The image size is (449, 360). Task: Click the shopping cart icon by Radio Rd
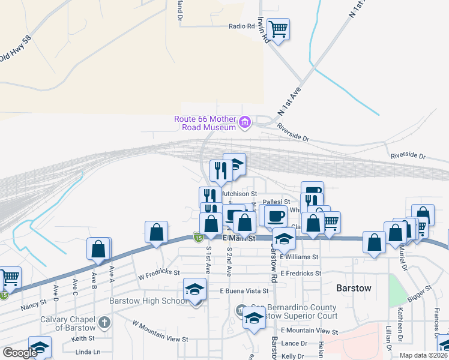[x=278, y=28]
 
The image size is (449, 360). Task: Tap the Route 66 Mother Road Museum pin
[x=244, y=124]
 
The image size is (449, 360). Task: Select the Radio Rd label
[x=243, y=26]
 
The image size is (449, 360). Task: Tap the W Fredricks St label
[x=159, y=275]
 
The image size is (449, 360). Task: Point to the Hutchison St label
[x=238, y=194]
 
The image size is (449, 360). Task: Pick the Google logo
[x=20, y=353]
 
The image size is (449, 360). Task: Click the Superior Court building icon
[x=240, y=310]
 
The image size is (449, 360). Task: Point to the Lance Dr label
[x=293, y=343]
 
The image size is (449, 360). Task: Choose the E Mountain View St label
[x=308, y=331]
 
